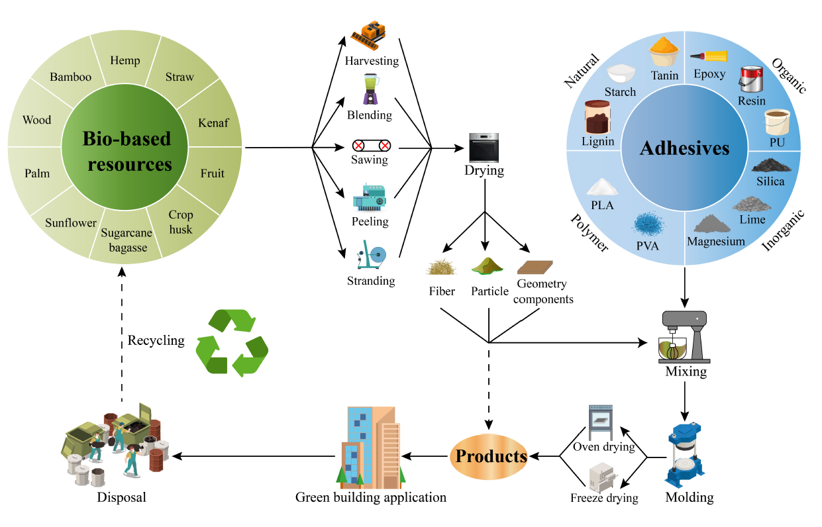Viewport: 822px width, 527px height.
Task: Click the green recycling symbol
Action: [x=232, y=342]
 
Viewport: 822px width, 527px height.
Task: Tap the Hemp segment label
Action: [x=125, y=61]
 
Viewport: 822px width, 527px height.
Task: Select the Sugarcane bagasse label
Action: [x=127, y=240]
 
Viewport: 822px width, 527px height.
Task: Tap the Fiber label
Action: [x=442, y=291]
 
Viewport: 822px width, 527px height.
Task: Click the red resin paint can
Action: [x=751, y=81]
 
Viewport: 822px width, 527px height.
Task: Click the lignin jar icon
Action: [x=598, y=119]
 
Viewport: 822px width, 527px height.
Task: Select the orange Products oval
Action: [x=489, y=456]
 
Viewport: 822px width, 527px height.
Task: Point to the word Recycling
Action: [x=156, y=340]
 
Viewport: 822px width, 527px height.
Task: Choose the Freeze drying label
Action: [x=604, y=498]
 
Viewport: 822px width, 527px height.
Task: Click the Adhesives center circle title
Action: [x=684, y=148]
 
